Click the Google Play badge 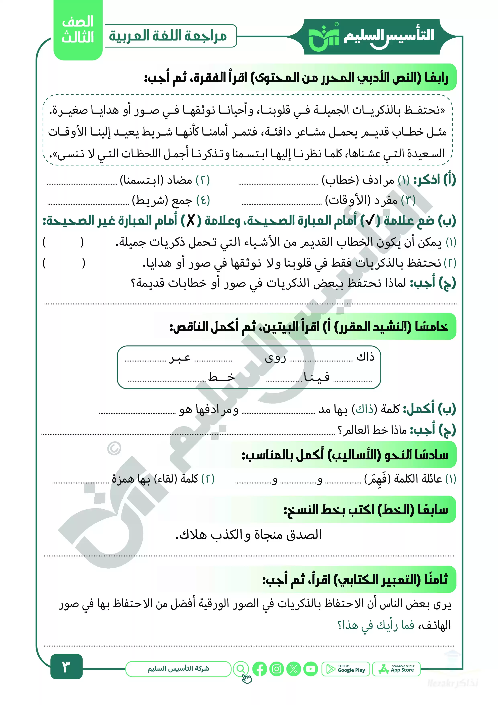coord(346,669)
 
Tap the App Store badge coord(396,669)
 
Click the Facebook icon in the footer coord(260,669)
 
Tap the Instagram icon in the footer coord(277,669)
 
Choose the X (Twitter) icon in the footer coord(294,669)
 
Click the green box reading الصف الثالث coord(78,30)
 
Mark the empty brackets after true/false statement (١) coord(63,242)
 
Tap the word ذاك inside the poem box coord(365,357)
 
